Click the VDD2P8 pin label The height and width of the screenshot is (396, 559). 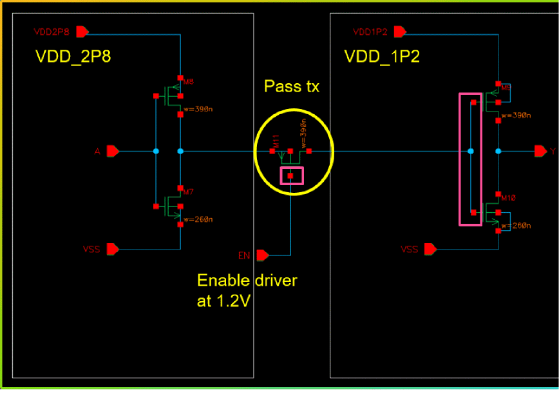click(52, 31)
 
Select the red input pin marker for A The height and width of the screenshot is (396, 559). click(113, 151)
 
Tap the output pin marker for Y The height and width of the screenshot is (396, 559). click(540, 151)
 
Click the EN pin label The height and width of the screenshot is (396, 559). click(244, 256)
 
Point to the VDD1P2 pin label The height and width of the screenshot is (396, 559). click(370, 31)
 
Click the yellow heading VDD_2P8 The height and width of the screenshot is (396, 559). click(73, 57)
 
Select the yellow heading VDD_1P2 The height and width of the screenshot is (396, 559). click(382, 57)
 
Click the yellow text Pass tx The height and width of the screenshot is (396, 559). click(292, 86)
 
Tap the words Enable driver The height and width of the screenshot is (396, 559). click(247, 281)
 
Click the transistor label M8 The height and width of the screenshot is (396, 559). click(189, 82)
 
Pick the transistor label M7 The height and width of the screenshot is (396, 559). click(189, 192)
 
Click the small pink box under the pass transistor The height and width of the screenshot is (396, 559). click(290, 175)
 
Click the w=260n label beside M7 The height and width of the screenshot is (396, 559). click(198, 219)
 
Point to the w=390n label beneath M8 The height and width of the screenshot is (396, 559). click(198, 109)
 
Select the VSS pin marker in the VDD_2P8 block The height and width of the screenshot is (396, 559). click(113, 249)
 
